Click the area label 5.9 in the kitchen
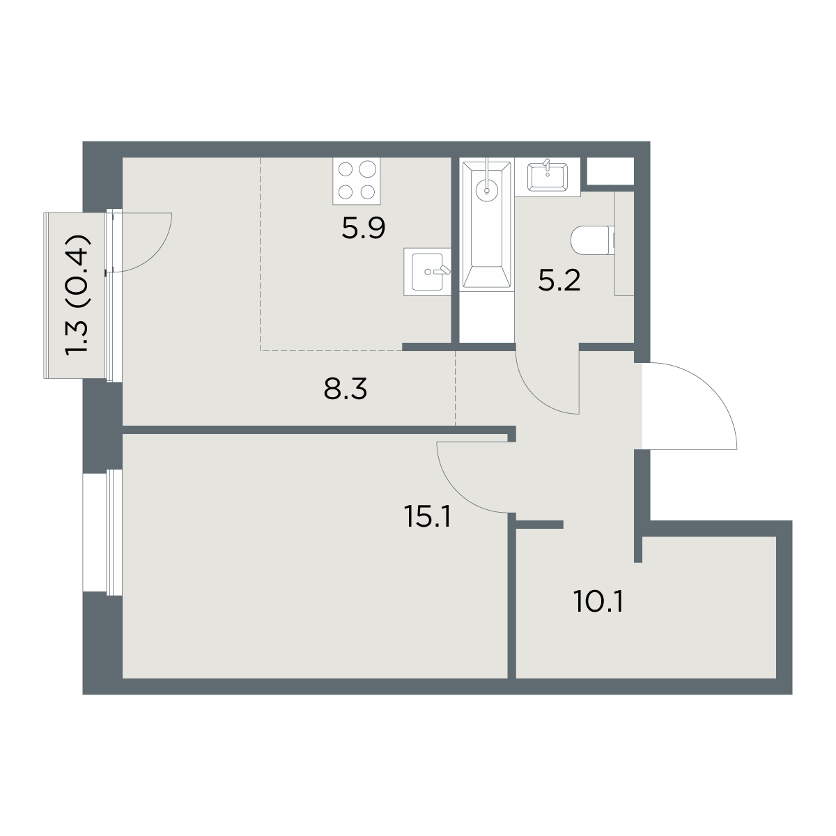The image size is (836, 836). [x=363, y=229]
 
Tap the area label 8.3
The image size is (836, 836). [x=346, y=389]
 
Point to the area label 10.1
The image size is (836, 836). [x=598, y=602]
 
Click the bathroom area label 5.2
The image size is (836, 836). [x=559, y=281]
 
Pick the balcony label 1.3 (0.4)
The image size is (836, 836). [x=78, y=295]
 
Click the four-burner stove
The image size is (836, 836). [x=357, y=181]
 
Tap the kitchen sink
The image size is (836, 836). [x=427, y=272]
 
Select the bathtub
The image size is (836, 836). [x=487, y=224]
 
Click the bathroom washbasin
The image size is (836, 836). [x=548, y=176]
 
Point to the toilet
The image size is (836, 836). [x=593, y=240]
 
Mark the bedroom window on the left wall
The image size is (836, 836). [x=102, y=532]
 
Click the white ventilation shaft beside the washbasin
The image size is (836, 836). [x=610, y=171]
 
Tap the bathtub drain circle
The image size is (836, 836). [x=487, y=189]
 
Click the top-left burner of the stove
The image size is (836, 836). [x=346, y=169]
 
